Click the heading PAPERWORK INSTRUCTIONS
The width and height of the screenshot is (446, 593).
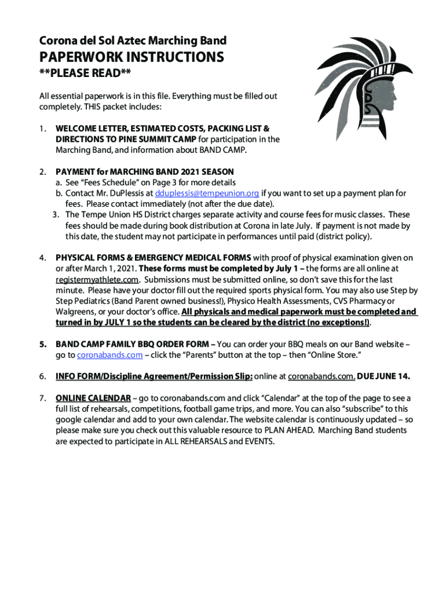131,57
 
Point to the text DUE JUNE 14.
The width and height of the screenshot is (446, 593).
384,376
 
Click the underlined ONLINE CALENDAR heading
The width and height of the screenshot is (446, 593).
93,398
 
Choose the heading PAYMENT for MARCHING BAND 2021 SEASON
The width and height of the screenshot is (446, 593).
145,172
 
